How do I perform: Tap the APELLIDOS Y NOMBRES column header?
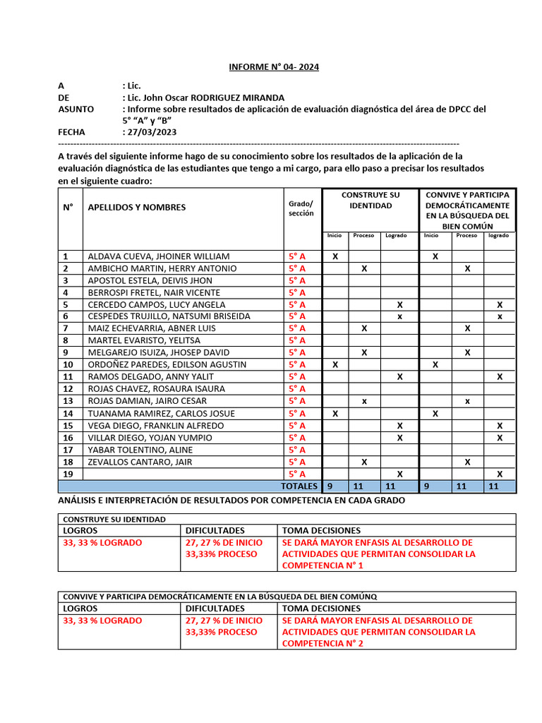(x=136, y=207)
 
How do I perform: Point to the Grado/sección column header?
(x=301, y=208)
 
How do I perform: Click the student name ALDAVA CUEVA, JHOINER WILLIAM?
(x=158, y=256)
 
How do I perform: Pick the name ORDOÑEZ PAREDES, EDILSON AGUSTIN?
(x=167, y=364)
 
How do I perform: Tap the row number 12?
(x=68, y=388)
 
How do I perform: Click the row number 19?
(x=68, y=474)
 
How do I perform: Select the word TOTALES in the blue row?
(x=299, y=486)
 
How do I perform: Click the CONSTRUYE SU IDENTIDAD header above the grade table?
(x=370, y=200)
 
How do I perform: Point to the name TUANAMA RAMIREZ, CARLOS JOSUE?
(x=161, y=413)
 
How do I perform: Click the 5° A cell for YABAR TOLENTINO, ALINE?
(x=296, y=450)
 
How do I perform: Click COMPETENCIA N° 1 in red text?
(x=323, y=566)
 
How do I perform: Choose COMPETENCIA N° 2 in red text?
(x=323, y=644)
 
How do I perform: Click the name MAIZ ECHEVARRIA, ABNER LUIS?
(x=151, y=328)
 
